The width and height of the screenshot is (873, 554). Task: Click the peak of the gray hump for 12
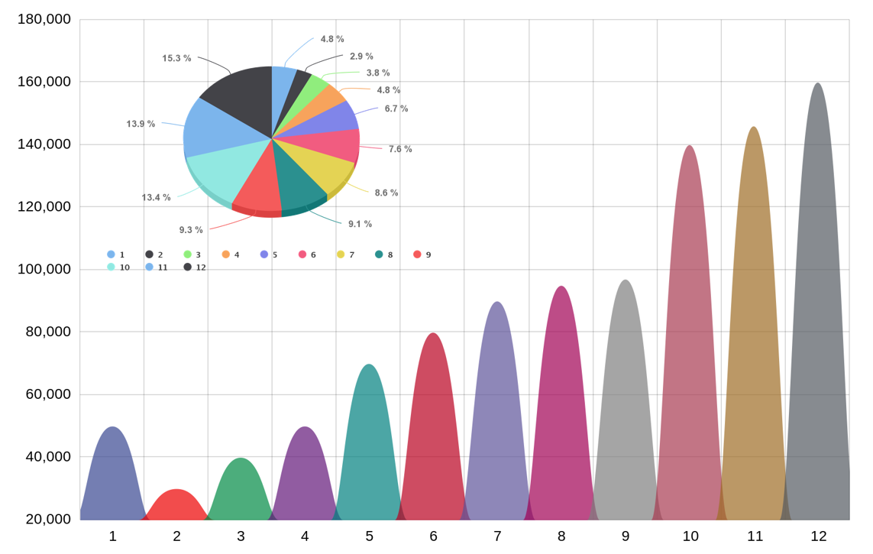[818, 84]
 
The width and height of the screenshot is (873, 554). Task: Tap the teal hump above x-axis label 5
[369, 443]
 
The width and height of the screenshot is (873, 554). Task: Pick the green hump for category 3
[241, 489]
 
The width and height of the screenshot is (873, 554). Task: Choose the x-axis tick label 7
[497, 536]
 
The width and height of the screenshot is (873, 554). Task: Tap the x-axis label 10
[690, 536]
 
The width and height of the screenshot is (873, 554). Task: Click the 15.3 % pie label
[176, 58]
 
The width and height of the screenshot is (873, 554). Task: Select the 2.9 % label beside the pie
[361, 57]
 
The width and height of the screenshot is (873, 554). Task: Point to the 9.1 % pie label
[360, 224]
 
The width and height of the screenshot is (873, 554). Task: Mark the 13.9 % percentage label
[141, 124]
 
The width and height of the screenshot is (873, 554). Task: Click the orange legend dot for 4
[225, 254]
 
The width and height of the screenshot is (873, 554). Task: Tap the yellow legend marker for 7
[341, 254]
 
